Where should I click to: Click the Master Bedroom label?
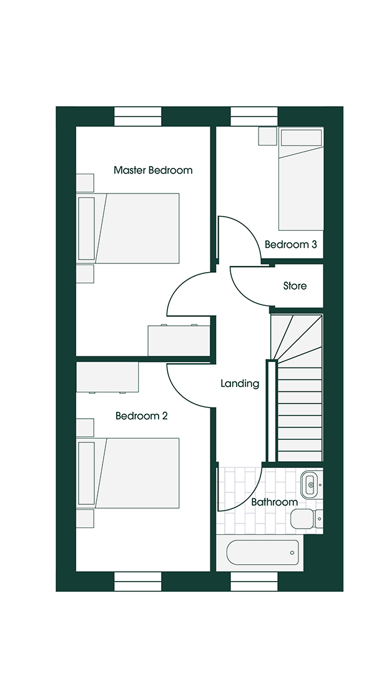(x=153, y=170)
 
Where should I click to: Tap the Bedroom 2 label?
(x=141, y=416)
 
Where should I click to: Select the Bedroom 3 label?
(x=290, y=245)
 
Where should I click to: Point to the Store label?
(x=295, y=286)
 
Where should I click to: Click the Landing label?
(x=240, y=384)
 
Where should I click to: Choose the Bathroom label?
(x=274, y=502)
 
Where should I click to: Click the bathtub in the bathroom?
(x=263, y=552)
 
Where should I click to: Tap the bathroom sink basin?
(x=310, y=483)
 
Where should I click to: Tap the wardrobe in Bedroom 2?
(x=107, y=377)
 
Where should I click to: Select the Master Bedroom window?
(x=138, y=117)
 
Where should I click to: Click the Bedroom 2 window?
(x=138, y=581)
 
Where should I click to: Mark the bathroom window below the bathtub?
(x=254, y=581)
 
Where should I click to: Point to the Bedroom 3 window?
(x=254, y=117)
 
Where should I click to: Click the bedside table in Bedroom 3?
(x=267, y=136)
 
